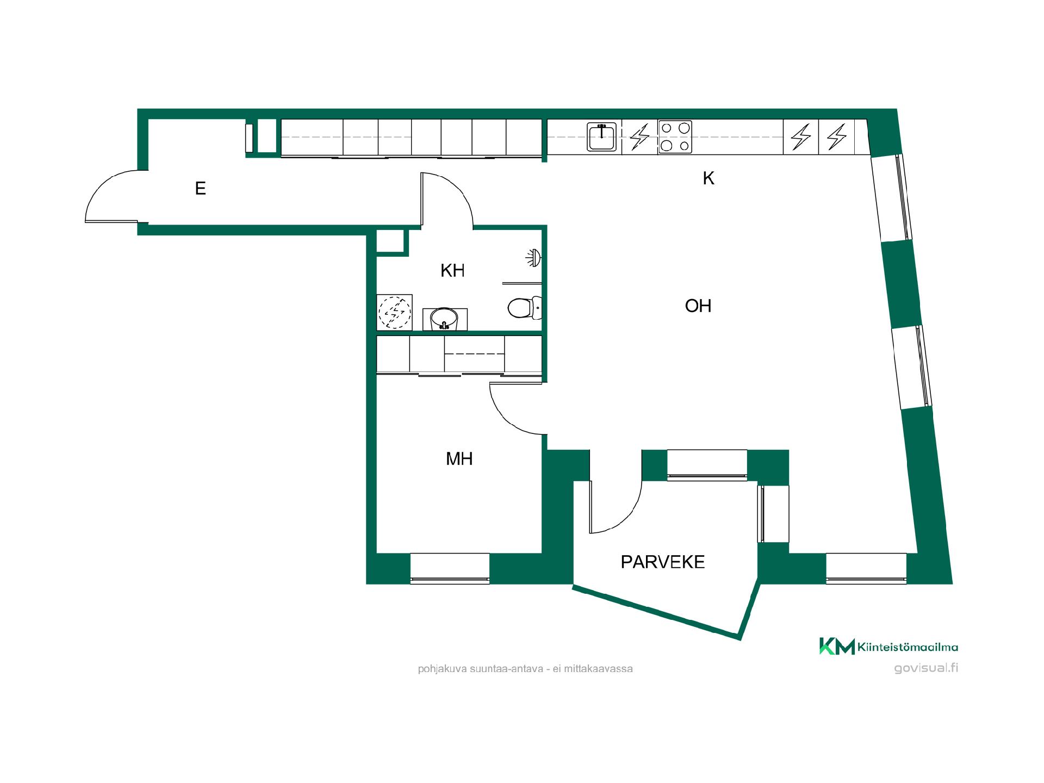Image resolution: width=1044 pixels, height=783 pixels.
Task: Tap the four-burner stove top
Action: pyautogui.click(x=675, y=136)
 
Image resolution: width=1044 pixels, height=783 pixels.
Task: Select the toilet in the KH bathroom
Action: pyautogui.click(x=524, y=308)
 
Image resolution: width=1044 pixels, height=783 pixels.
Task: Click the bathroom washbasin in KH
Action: pyautogui.click(x=445, y=319)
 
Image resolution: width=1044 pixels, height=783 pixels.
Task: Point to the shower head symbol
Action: pyautogui.click(x=533, y=258)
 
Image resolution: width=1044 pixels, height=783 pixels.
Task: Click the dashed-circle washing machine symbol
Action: pyautogui.click(x=395, y=312)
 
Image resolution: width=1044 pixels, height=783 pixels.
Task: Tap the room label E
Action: pyautogui.click(x=200, y=189)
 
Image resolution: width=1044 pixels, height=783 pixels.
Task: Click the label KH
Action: pyautogui.click(x=452, y=271)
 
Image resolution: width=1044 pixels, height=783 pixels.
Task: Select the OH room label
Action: pyautogui.click(x=698, y=306)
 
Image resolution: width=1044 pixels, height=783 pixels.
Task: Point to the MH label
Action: pyautogui.click(x=459, y=459)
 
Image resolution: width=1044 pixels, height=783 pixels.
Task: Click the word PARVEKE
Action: pyautogui.click(x=663, y=562)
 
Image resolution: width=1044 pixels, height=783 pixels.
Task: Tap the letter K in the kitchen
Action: pyautogui.click(x=708, y=178)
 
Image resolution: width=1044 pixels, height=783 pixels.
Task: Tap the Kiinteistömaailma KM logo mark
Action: pyautogui.click(x=837, y=647)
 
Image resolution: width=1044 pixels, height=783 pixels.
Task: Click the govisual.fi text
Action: pyautogui.click(x=926, y=668)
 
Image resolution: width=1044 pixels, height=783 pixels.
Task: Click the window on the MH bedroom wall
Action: pyautogui.click(x=450, y=568)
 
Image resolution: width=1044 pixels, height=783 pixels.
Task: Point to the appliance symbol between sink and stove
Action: pyautogui.click(x=639, y=136)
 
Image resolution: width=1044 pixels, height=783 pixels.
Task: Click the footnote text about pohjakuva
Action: pyautogui.click(x=525, y=669)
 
